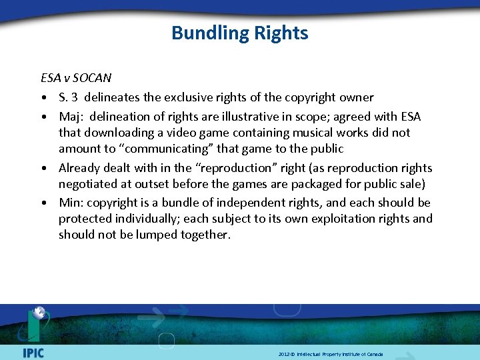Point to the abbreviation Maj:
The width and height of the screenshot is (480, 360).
coord(70,117)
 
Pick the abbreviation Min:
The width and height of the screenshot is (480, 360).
coord(70,203)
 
